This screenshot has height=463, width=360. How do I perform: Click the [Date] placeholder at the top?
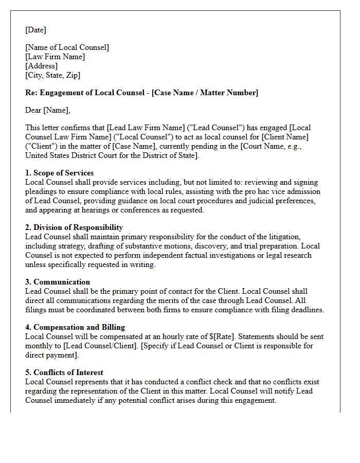(35, 30)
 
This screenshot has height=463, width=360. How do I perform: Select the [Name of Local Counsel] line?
(67, 47)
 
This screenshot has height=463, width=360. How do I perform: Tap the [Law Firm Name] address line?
(55, 57)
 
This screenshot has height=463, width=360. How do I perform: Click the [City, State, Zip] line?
(52, 75)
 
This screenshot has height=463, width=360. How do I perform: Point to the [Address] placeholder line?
(41, 66)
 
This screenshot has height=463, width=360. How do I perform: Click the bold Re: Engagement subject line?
(141, 93)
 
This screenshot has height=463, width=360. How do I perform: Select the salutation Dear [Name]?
(47, 110)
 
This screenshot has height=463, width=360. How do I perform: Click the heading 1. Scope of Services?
(59, 173)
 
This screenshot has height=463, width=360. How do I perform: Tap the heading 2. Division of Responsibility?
(74, 227)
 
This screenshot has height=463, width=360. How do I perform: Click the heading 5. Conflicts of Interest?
(64, 372)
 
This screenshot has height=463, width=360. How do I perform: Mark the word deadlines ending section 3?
(308, 310)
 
